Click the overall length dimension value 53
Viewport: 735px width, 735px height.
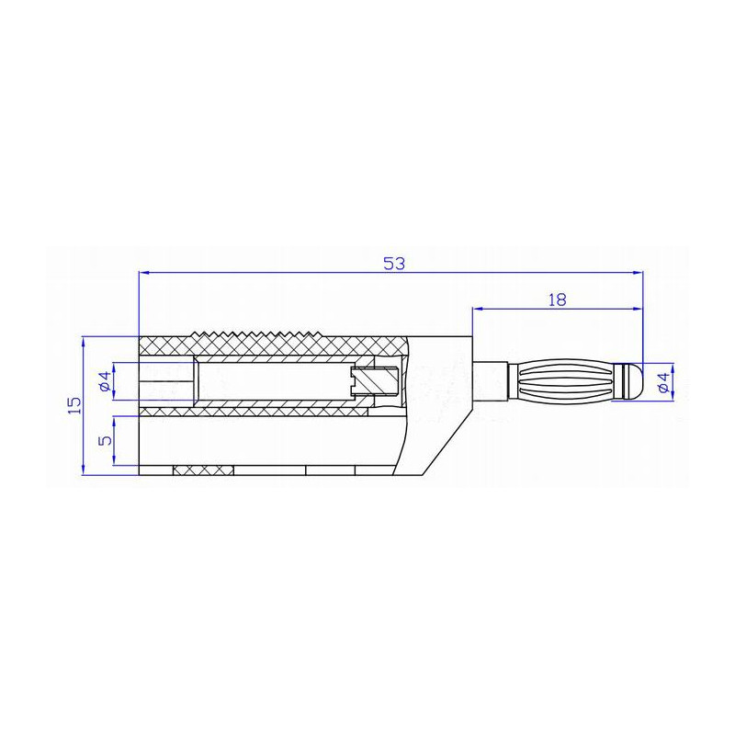click(x=394, y=264)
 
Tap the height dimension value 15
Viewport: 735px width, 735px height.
click(x=74, y=404)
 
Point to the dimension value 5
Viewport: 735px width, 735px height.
click(x=106, y=441)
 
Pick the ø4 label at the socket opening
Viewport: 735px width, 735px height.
click(x=105, y=380)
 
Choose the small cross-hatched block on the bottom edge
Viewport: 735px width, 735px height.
click(x=203, y=470)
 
